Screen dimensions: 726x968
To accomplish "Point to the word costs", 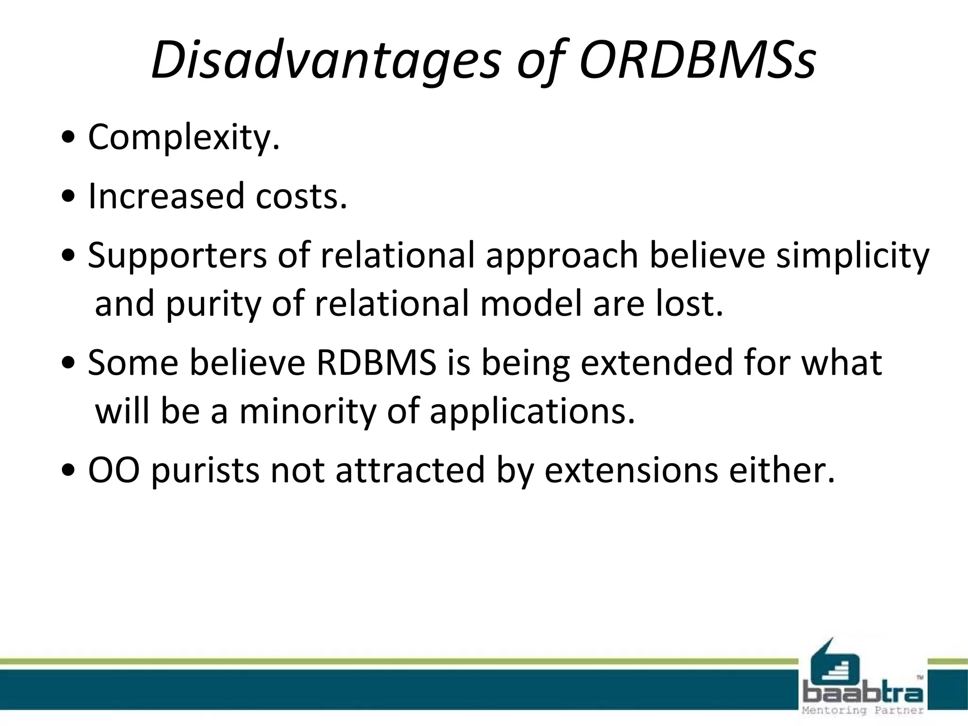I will tap(301, 197).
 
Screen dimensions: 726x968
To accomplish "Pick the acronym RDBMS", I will tap(376, 363).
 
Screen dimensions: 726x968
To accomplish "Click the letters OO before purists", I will tap(113, 471).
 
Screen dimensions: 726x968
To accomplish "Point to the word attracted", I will tap(410, 471).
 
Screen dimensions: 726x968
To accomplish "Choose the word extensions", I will tap(631, 471).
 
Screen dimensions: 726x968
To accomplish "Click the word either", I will tap(782, 471).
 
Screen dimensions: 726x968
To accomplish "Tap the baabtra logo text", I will tap(863, 694).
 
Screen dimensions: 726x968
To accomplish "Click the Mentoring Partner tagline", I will tap(863, 710).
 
